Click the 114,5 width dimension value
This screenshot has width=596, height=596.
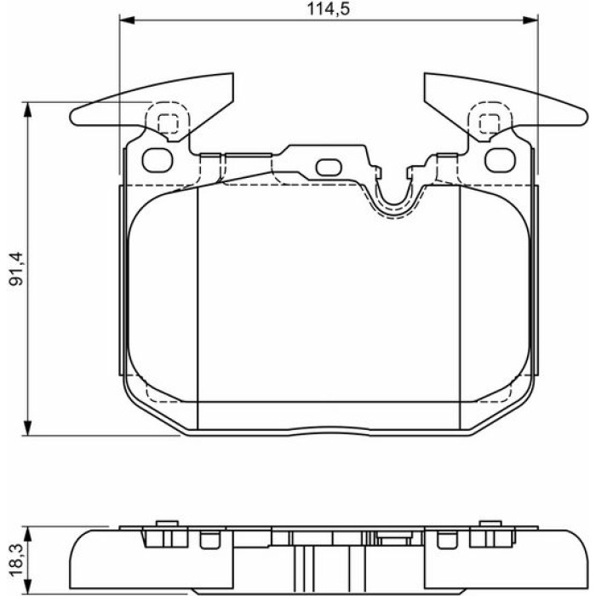tap(328, 9)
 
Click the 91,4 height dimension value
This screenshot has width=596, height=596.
tap(17, 268)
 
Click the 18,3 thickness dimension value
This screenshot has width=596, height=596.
tap(17, 561)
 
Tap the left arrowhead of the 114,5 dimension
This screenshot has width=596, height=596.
tap(127, 20)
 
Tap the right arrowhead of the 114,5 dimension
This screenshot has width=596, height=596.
tap(530, 20)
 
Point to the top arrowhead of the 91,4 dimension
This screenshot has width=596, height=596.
tap(27, 110)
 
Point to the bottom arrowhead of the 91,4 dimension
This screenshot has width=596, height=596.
tap(27, 428)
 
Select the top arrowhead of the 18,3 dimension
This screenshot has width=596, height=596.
tap(27, 535)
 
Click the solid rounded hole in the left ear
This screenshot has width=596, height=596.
tap(158, 160)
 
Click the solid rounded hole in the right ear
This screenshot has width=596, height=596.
tap(501, 160)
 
